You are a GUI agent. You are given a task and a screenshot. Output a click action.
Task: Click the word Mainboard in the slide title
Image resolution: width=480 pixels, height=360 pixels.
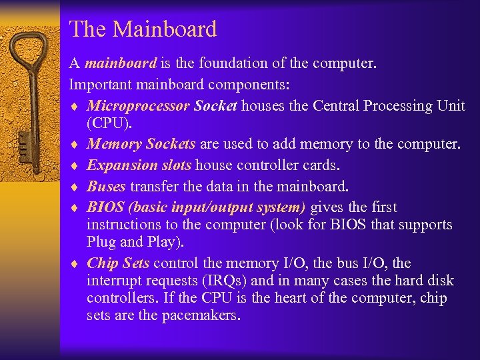pyautogui.click(x=165, y=29)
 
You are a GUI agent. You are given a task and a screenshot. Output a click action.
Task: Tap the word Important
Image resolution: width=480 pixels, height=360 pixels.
pyautogui.click(x=101, y=85)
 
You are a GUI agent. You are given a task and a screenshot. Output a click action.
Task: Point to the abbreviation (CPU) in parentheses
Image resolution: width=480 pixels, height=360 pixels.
pyautogui.click(x=107, y=123)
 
